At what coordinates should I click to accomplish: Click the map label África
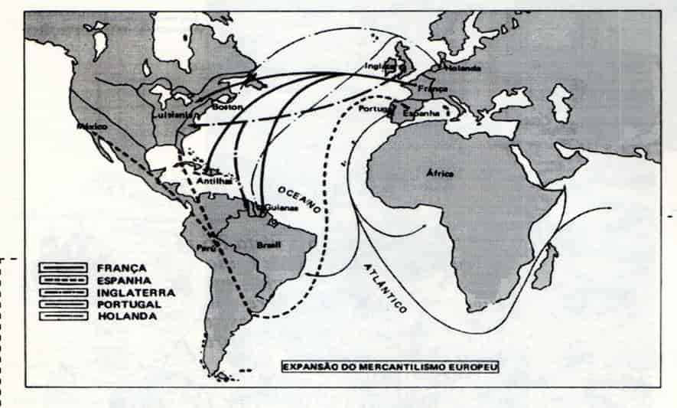pyautogui.click(x=441, y=173)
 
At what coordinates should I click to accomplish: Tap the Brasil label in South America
pyautogui.click(x=269, y=245)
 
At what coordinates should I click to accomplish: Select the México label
pyautogui.click(x=93, y=126)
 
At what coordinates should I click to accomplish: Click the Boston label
pyautogui.click(x=226, y=107)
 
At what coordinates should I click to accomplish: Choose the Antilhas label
pyautogui.click(x=213, y=181)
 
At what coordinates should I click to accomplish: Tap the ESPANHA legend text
pyautogui.click(x=122, y=280)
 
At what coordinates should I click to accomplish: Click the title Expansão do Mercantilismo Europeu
pyautogui.click(x=390, y=366)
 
